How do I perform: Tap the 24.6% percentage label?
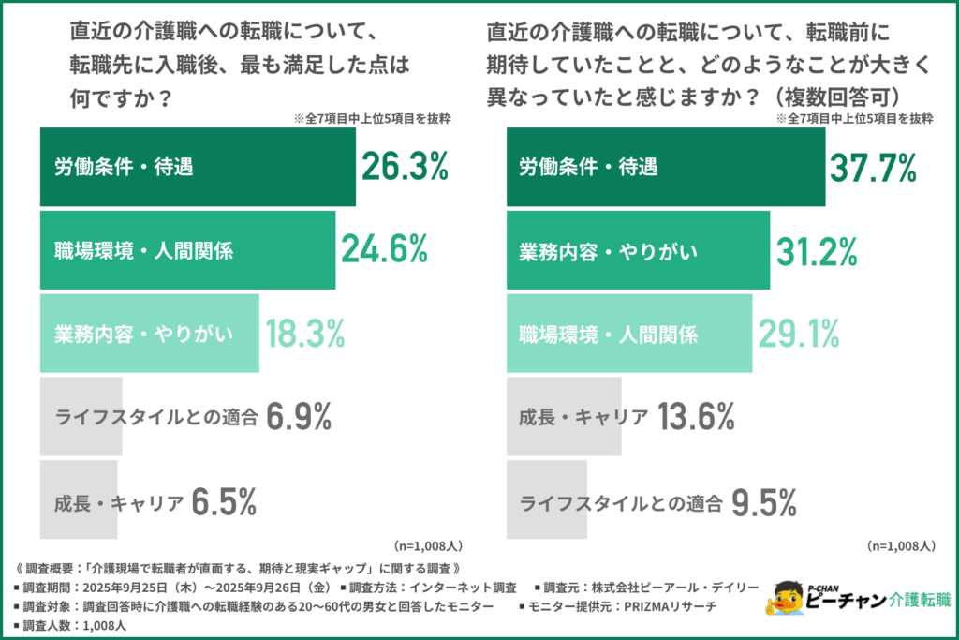pyautogui.click(x=384, y=249)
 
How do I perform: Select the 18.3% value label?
pyautogui.click(x=305, y=332)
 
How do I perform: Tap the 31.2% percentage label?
pyautogui.click(x=818, y=250)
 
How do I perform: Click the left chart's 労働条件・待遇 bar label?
pyautogui.click(x=123, y=168)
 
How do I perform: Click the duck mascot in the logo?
pyautogui.click(x=786, y=601)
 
